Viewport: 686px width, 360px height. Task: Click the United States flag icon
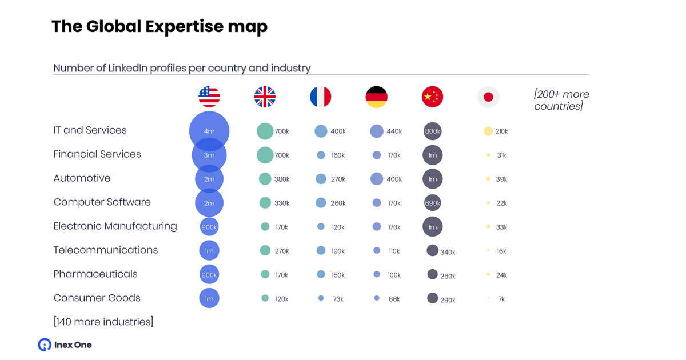click(209, 97)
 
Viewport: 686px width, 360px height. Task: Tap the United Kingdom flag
click(265, 97)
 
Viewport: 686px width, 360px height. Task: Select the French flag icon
click(321, 97)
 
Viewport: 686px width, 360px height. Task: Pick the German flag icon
click(376, 97)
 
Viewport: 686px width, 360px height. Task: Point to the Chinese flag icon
click(432, 97)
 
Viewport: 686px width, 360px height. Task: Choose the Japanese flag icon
click(488, 97)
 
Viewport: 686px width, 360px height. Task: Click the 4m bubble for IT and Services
click(209, 131)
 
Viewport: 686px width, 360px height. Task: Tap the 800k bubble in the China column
click(433, 131)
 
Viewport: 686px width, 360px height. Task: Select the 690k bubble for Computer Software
click(433, 203)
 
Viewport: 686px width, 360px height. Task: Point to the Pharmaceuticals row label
click(95, 274)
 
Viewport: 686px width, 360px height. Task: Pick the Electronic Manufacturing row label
click(115, 226)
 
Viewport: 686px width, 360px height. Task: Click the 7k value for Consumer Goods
click(501, 299)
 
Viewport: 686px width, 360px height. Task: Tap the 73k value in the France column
click(338, 299)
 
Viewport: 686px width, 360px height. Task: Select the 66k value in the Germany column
click(394, 299)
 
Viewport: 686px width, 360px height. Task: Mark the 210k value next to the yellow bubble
click(501, 131)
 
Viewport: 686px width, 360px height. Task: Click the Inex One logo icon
click(45, 345)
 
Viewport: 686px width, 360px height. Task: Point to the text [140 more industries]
click(103, 322)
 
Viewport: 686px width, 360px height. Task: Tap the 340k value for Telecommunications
click(448, 252)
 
